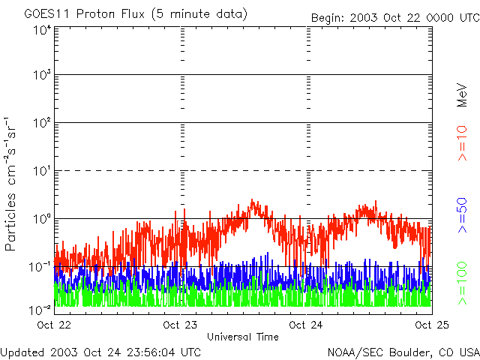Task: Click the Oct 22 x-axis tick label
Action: pyautogui.click(x=54, y=325)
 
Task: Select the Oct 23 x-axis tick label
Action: pyautogui.click(x=181, y=325)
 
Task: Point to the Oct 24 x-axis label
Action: pyautogui.click(x=307, y=325)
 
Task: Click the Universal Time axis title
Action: pyautogui.click(x=243, y=337)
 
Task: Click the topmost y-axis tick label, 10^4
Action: pyautogui.click(x=42, y=30)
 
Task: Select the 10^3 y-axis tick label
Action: pyautogui.click(x=42, y=76)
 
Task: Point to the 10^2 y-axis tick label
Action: pyautogui.click(x=42, y=124)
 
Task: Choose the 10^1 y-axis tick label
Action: pyautogui.click(x=42, y=172)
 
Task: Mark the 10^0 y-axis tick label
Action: pyautogui.click(x=42, y=220)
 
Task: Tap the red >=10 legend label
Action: pyautogui.click(x=463, y=142)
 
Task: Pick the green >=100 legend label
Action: pyautogui.click(x=463, y=284)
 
